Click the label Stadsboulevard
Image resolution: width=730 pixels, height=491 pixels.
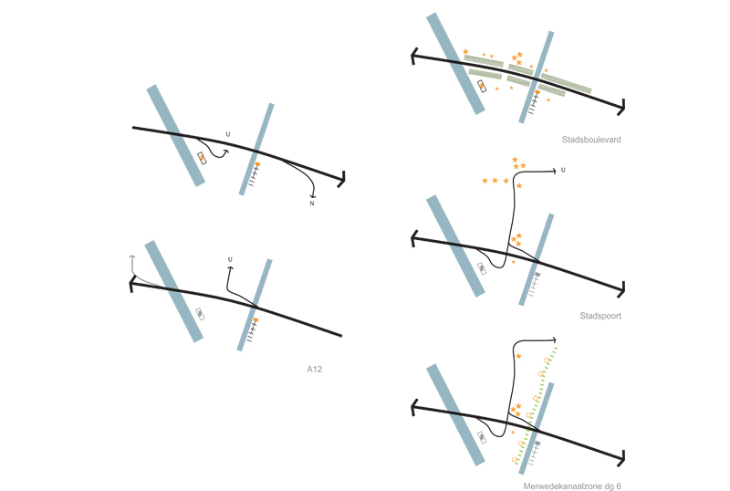coord(591,140)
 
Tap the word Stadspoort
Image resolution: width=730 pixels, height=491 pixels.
coord(600,316)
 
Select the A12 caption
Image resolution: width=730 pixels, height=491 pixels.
coord(314,370)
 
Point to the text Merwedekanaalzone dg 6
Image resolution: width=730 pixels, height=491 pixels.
coord(572,486)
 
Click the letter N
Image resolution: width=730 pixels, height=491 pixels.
coord(312,204)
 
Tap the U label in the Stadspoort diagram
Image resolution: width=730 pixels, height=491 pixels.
coord(563,170)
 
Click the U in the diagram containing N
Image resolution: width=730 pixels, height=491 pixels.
coord(228,134)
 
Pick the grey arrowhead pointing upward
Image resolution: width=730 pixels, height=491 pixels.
coord(132,256)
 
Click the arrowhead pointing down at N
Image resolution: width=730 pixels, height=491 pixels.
coord(312,196)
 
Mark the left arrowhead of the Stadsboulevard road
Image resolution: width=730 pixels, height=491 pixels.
coord(413,56)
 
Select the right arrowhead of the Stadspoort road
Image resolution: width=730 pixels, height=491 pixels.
coord(621,289)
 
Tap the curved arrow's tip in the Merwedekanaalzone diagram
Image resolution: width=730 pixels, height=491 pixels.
coord(554,340)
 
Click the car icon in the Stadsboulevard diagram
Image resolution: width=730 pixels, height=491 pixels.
coord(482,86)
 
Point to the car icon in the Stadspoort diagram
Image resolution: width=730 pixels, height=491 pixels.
coord(482,268)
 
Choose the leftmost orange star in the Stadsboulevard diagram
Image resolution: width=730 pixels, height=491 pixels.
coord(465,52)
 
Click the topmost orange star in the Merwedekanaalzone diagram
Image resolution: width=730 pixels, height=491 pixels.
coord(518,356)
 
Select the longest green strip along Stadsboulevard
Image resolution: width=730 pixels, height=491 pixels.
coord(566,83)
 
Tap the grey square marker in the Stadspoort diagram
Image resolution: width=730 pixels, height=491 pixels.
coord(537,275)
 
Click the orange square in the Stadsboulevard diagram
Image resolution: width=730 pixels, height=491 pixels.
coord(537,92)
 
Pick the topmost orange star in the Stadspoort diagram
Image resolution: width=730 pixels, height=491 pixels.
coord(515,160)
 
